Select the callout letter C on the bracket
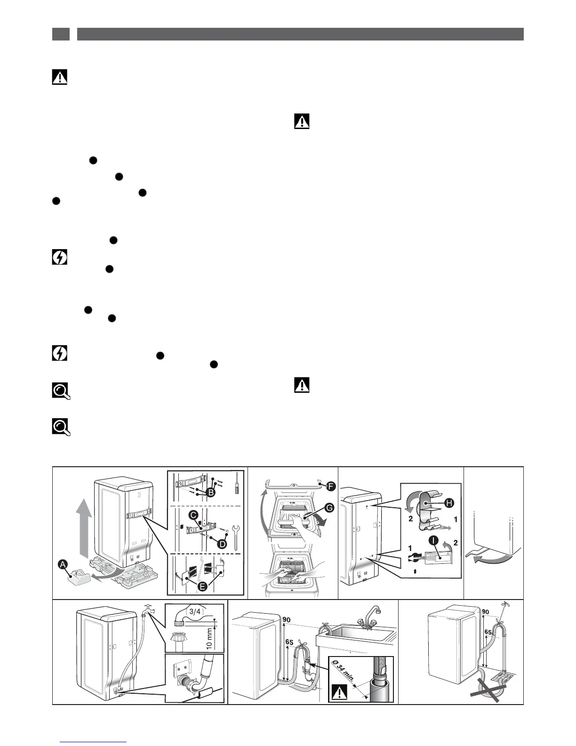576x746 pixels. click(193, 515)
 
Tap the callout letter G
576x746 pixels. click(329, 507)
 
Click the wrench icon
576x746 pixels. click(236, 533)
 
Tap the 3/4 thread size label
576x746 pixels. click(194, 611)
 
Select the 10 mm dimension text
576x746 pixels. click(210, 635)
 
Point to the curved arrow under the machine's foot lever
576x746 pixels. click(492, 559)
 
